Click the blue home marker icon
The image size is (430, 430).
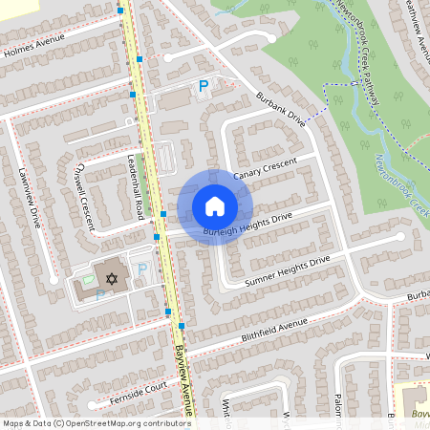coord(215,205)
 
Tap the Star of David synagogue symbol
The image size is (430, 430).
coord(112,279)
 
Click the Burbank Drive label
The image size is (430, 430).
coord(280,110)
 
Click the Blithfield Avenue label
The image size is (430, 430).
coord(250,333)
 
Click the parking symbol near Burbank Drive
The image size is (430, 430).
coord(203,87)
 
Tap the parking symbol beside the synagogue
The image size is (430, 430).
coord(142,271)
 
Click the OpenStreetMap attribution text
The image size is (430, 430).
coord(96,422)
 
